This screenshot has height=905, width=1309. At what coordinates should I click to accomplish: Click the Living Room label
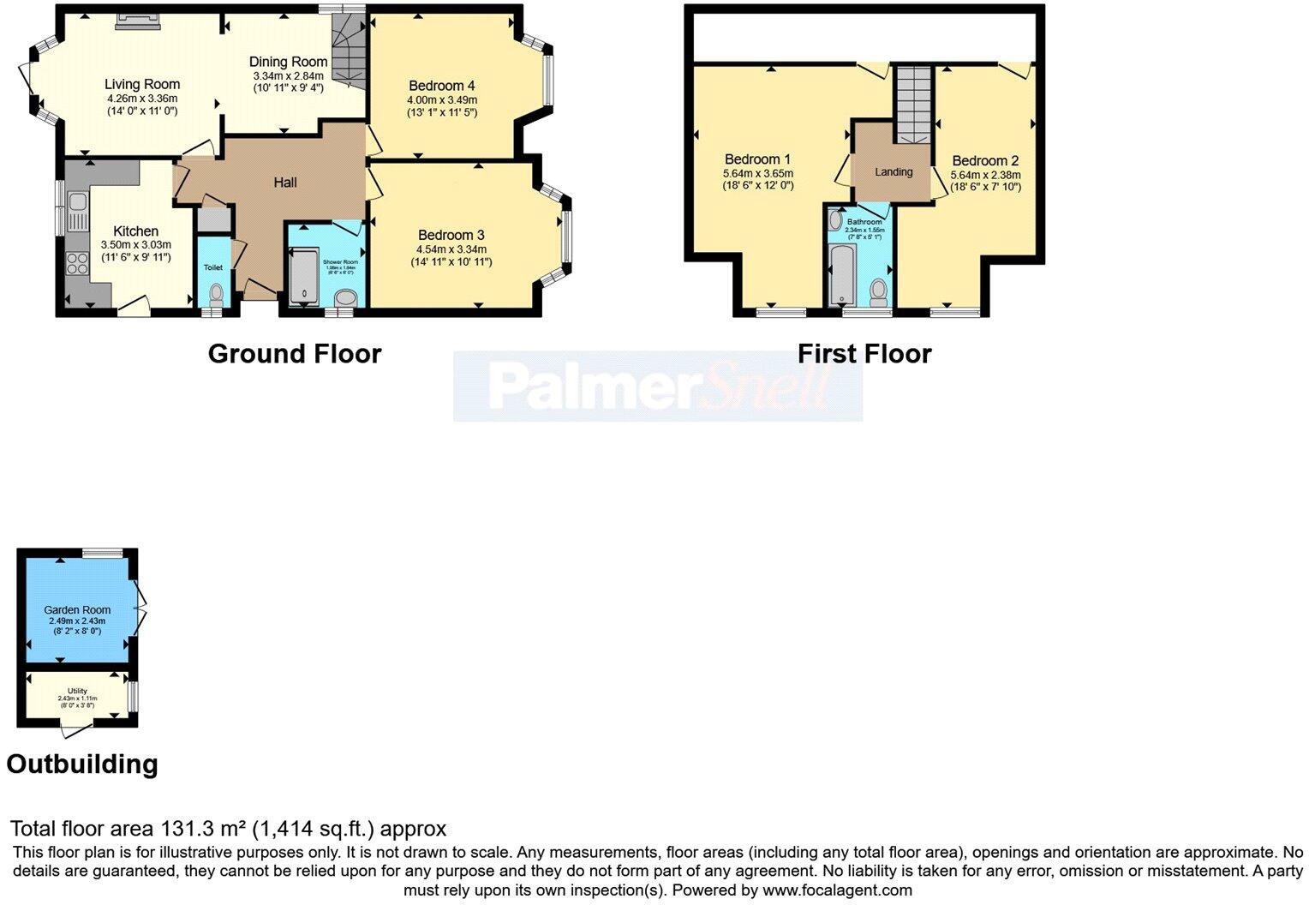142,84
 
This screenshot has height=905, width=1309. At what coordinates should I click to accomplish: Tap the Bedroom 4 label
441,86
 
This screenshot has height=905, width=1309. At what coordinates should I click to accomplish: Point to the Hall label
285,183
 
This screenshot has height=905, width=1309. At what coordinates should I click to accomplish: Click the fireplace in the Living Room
138,21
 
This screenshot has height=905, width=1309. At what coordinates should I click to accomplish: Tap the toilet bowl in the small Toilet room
215,295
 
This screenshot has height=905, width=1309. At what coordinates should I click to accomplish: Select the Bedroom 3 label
451,235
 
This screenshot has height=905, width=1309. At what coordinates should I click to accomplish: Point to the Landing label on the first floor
894,172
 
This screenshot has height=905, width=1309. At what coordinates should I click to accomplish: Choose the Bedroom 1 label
757,159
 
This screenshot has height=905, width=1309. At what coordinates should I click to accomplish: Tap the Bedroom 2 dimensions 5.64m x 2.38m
985,175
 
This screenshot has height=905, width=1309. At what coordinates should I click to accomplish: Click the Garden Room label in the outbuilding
77,610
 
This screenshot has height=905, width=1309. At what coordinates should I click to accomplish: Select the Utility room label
77,691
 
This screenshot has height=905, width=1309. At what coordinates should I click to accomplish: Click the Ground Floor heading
294,354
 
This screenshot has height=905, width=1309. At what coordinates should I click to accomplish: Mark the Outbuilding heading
82,764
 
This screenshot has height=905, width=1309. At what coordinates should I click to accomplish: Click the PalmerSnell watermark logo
657,387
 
